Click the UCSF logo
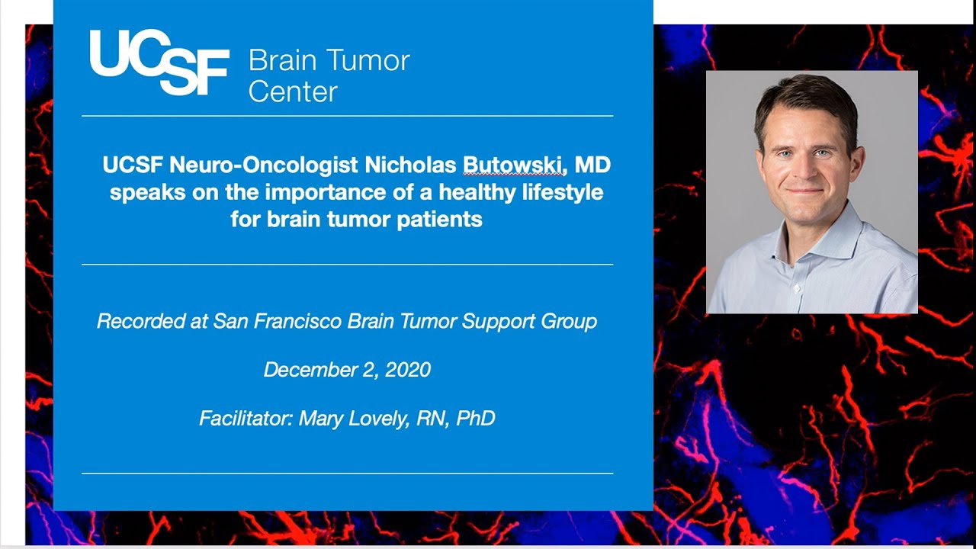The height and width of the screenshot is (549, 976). point(159,63)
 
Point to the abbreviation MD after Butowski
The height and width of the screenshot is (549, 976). point(593,165)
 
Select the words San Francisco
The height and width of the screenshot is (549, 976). point(278,322)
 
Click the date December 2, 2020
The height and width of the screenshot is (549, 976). point(347,370)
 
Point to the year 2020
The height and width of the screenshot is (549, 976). point(408,370)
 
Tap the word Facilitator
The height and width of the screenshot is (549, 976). point(246,419)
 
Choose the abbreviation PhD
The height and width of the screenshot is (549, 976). point(475,419)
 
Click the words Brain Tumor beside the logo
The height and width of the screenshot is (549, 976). point(329,61)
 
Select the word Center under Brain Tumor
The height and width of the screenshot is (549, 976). point(293,92)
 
